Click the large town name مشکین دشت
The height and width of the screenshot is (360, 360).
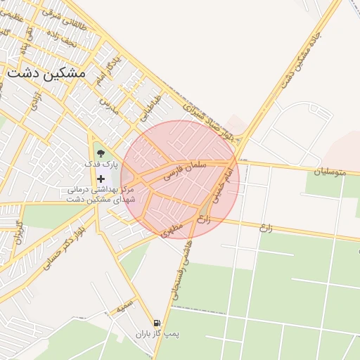coord(46,72)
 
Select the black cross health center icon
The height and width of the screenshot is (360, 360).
coord(101,179)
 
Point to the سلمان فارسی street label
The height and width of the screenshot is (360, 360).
coord(186,169)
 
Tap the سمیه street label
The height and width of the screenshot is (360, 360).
coord(124,307)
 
